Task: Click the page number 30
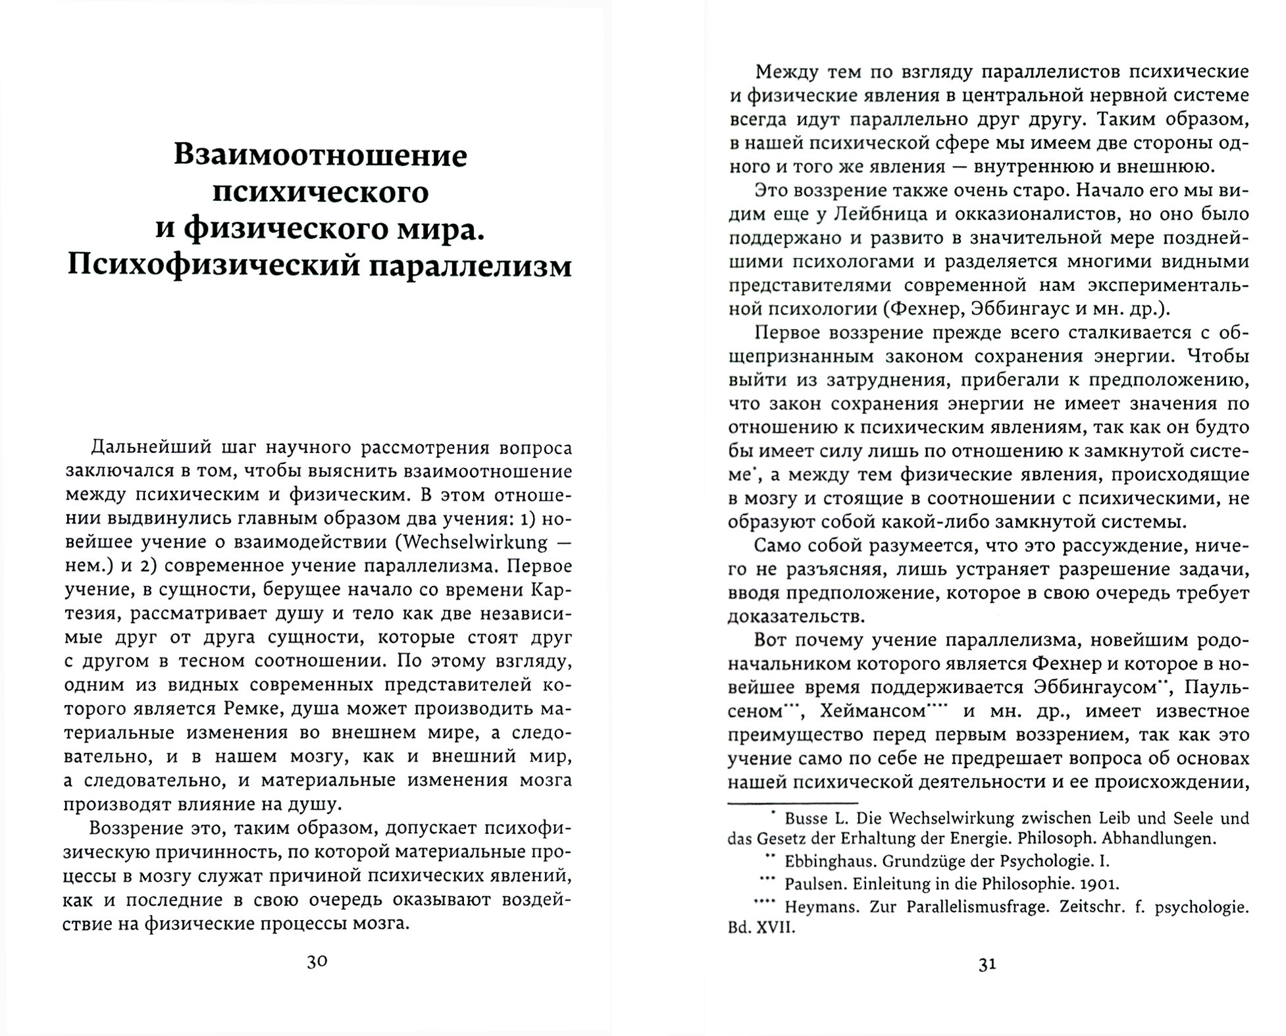317,962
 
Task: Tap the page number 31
987,964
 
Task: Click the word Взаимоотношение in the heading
321,155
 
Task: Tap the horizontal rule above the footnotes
793,802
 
